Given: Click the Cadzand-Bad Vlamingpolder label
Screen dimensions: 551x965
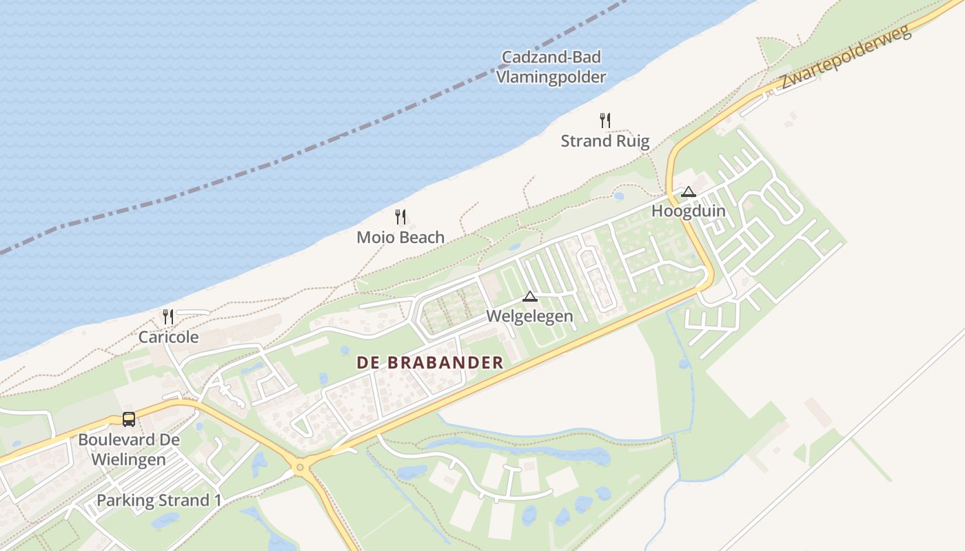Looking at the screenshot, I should click(x=551, y=67).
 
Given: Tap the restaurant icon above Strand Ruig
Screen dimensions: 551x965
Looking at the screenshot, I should click(x=605, y=121).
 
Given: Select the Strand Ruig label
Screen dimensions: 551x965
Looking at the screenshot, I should click(x=605, y=142).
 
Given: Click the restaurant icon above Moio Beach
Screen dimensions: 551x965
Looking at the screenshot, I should click(x=400, y=217).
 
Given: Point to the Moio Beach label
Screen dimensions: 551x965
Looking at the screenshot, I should click(x=400, y=238).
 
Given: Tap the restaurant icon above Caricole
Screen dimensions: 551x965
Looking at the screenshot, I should click(x=168, y=317).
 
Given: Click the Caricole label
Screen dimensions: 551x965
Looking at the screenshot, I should click(x=168, y=337).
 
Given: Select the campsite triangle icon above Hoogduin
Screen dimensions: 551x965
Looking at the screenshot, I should click(x=688, y=191).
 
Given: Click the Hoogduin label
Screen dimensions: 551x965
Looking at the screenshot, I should click(x=688, y=211).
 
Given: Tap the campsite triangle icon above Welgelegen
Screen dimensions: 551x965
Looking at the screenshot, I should click(x=529, y=297).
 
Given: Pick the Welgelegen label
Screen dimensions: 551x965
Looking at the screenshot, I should click(x=529, y=317).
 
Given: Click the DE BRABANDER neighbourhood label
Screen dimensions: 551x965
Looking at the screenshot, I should click(x=429, y=363).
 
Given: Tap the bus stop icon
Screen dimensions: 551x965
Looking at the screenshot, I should click(x=129, y=419).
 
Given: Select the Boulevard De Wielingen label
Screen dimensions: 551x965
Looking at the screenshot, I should click(x=129, y=449).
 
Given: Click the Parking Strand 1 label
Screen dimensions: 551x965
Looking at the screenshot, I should click(x=159, y=501).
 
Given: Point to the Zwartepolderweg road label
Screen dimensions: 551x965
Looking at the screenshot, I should click(x=846, y=54).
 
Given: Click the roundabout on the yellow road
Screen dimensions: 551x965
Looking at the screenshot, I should click(x=300, y=468).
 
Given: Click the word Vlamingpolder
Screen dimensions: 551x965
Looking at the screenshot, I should click(x=551, y=77).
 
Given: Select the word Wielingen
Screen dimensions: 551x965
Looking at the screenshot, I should click(x=129, y=459).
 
